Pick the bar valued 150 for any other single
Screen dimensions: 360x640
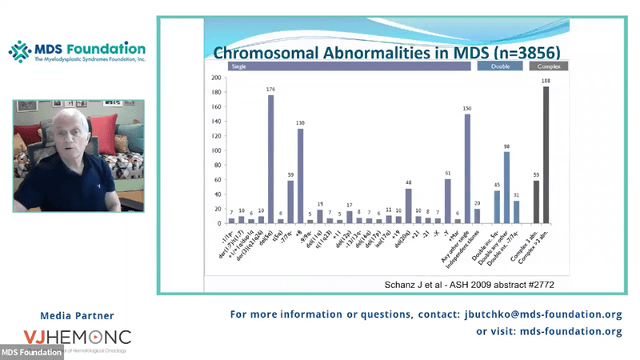coord(467,169)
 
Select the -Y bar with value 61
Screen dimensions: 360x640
coord(447,201)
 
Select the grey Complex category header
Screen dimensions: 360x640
coord(549,67)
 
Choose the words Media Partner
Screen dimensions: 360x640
coord(77,315)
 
